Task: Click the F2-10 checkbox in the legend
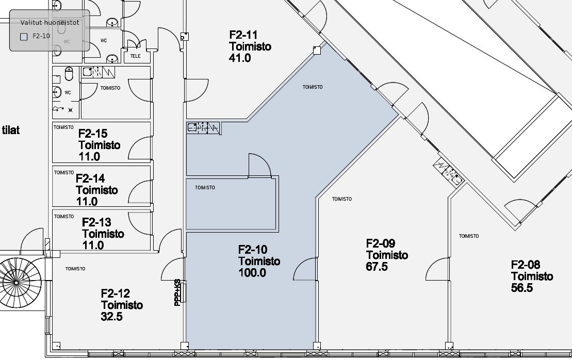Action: click(x=24, y=37)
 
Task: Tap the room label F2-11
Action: click(x=243, y=35)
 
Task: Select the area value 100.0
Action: click(x=252, y=272)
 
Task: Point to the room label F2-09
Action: click(x=381, y=243)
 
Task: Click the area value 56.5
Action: click(x=521, y=288)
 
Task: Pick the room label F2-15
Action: click(x=93, y=134)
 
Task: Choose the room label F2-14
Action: click(x=90, y=178)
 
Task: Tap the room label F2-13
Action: click(x=96, y=222)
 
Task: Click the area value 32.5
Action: click(x=111, y=317)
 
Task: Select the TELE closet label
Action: click(x=135, y=56)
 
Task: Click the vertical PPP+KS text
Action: click(x=177, y=292)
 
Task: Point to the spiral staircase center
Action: click(x=15, y=283)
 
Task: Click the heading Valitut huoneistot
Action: click(x=50, y=23)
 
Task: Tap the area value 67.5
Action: click(x=377, y=267)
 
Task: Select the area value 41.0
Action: click(x=240, y=58)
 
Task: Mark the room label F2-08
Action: click(x=525, y=265)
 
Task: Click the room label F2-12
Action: click(x=115, y=293)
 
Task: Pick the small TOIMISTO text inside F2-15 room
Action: click(x=63, y=127)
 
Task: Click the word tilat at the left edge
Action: click(x=11, y=130)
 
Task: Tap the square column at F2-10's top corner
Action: click(x=317, y=51)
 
